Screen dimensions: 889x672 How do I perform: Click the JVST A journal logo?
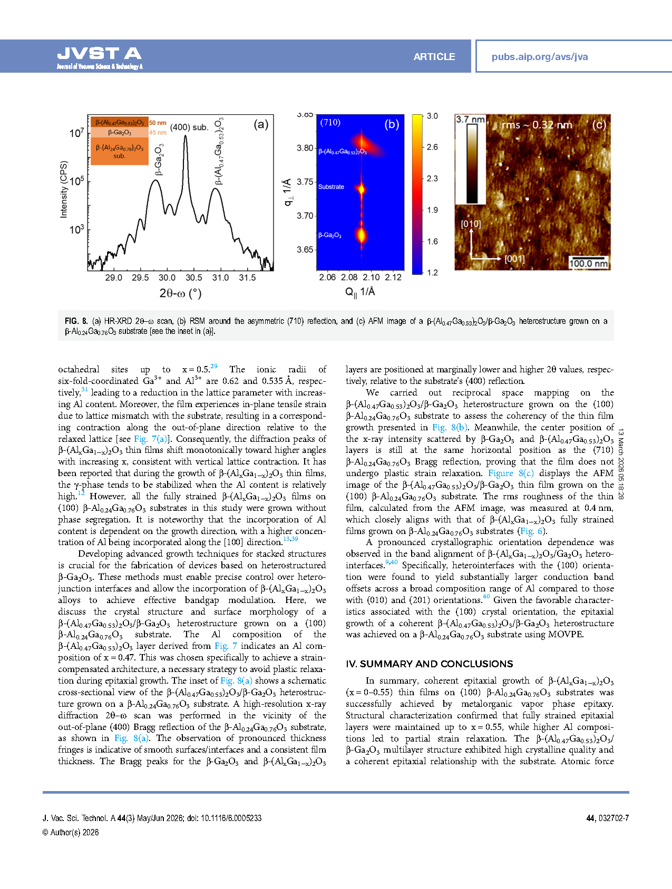(100, 54)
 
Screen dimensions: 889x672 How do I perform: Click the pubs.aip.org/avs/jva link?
(539, 57)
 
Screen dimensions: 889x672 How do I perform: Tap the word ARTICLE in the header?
(434, 57)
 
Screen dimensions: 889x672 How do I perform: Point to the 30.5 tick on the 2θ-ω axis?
(193, 278)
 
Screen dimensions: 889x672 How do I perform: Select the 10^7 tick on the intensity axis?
(76, 133)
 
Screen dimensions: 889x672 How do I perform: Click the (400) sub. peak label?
(189, 127)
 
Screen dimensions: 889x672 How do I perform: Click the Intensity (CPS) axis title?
(64, 189)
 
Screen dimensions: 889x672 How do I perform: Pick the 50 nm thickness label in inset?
(158, 123)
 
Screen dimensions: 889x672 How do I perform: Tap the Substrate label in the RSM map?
(331, 187)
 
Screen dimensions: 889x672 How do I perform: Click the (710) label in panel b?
(330, 123)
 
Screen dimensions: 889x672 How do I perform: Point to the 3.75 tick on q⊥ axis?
(305, 182)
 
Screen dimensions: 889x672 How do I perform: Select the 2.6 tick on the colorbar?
(432, 147)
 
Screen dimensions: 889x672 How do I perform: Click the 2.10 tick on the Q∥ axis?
(371, 278)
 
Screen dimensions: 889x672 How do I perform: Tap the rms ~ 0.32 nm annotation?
(537, 125)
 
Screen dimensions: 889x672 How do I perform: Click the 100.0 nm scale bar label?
(588, 263)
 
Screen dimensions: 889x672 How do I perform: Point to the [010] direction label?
(471, 224)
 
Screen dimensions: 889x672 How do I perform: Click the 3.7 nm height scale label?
(470, 120)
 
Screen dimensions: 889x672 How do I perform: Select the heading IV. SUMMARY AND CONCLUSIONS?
(430, 664)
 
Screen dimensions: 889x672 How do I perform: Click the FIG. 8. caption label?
(76, 321)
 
